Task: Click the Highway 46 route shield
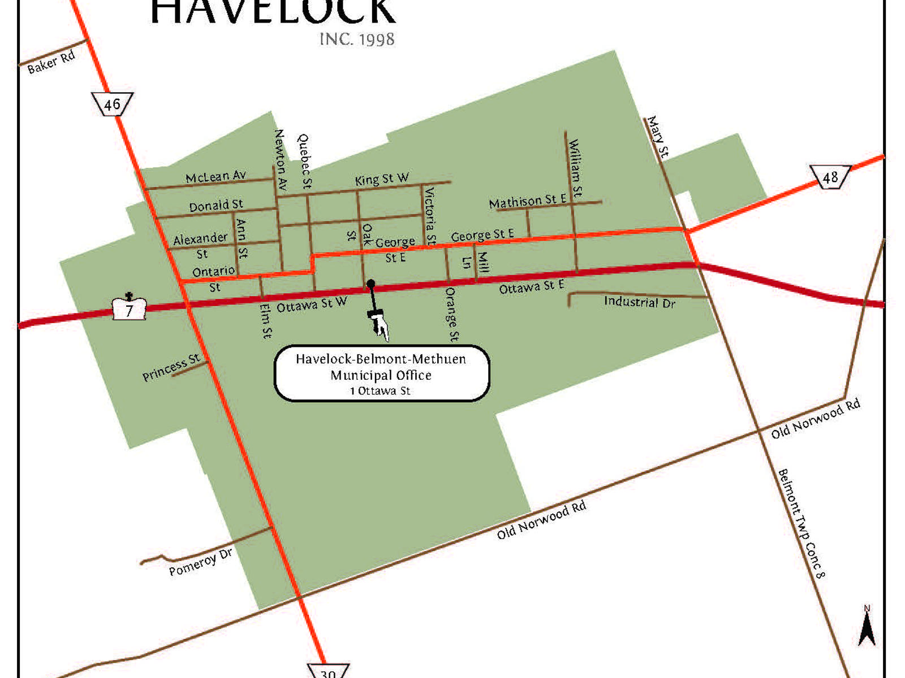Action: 112,104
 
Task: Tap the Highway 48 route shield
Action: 830,177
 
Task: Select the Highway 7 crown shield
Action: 130,308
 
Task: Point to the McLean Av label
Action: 216,177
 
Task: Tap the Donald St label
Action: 216,205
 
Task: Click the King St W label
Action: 382,179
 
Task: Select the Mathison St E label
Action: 527,201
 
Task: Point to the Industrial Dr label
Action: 639,302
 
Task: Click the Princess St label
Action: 171,367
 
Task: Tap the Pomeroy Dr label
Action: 200,562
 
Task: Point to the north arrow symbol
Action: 867,627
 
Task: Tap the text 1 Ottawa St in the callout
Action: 380,391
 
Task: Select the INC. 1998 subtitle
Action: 357,39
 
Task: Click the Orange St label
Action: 451,314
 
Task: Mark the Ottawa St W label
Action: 311,305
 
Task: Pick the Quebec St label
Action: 304,161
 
